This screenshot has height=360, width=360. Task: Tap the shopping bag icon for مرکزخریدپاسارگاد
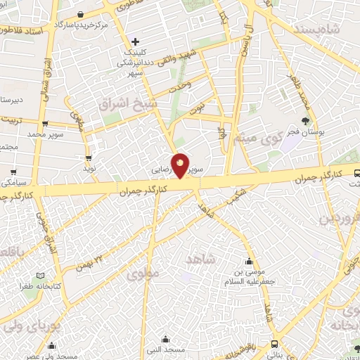pos(82,14)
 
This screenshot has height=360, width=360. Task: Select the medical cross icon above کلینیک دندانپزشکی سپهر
pos(136,41)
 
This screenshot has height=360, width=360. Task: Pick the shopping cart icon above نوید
pos(89,158)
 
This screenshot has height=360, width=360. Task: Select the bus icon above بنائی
pos(273,344)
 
